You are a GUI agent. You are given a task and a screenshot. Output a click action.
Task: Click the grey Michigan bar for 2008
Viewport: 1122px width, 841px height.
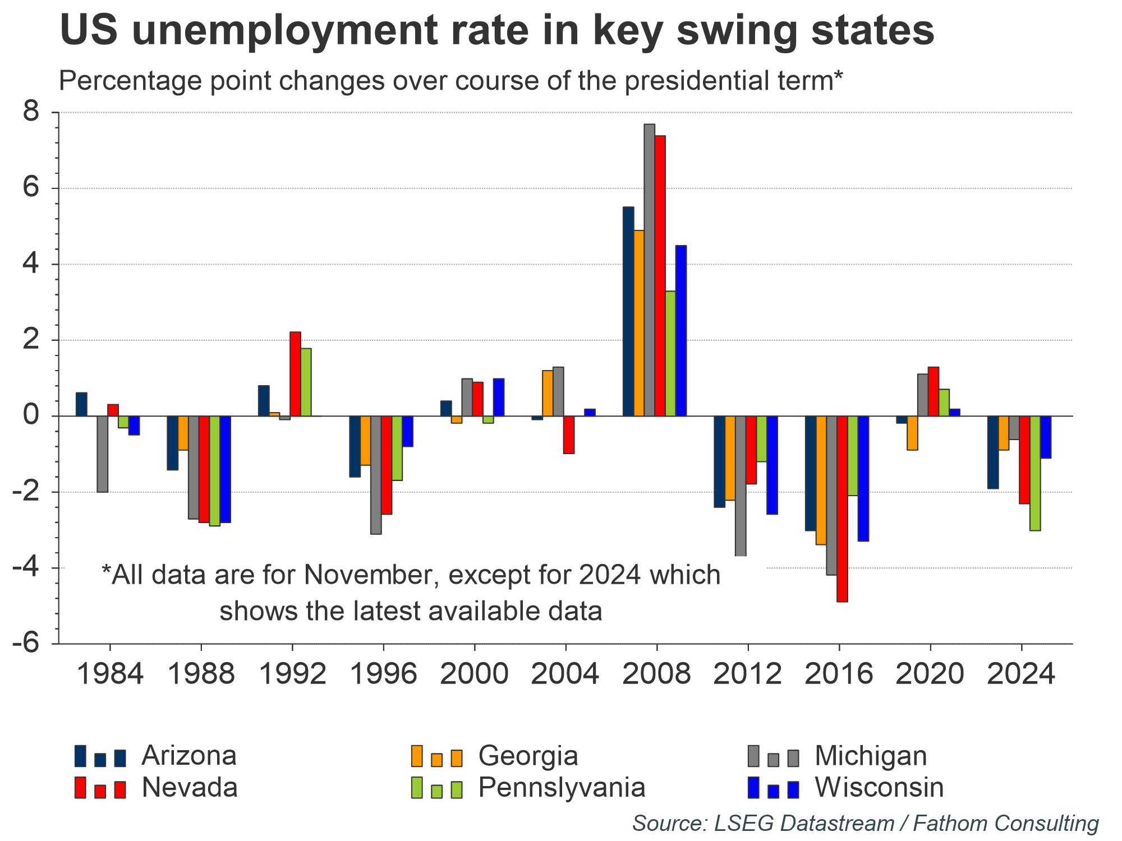pyautogui.click(x=649, y=270)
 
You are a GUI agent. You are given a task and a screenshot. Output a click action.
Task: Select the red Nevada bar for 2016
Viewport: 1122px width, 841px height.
pyautogui.click(x=842, y=509)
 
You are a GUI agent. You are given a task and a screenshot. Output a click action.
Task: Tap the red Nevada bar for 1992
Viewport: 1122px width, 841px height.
pyautogui.click(x=295, y=374)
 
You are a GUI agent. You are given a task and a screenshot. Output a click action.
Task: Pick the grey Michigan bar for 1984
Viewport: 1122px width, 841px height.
pyautogui.click(x=102, y=454)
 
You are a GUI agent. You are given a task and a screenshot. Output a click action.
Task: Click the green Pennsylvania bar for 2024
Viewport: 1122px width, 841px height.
pyautogui.click(x=1035, y=473)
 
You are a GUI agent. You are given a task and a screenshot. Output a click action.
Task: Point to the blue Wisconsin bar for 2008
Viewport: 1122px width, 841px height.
pyautogui.click(x=681, y=331)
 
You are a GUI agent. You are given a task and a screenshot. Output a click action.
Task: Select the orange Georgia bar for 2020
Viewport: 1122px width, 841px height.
pyautogui.click(x=912, y=433)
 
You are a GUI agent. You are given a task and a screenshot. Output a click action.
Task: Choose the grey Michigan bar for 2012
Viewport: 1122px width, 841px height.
pyautogui.click(x=741, y=486)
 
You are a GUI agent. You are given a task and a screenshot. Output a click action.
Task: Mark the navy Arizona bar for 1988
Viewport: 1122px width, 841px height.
pyautogui.click(x=173, y=443)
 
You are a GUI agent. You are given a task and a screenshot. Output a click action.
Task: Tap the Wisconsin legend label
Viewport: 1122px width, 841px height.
pyautogui.click(x=879, y=788)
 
